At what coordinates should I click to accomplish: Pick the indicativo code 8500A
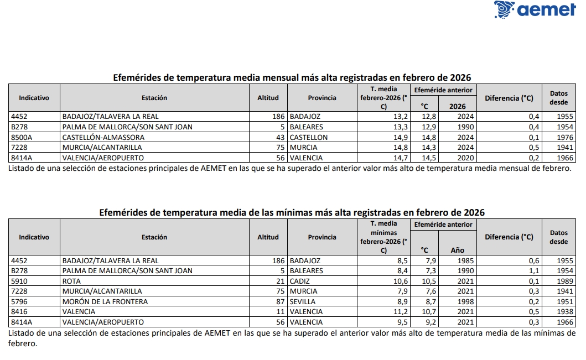point(22,137)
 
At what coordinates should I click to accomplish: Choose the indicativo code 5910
point(19,281)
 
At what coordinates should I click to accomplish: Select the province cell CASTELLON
point(308,137)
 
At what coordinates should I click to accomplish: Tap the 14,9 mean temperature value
point(401,137)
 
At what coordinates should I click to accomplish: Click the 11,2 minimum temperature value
point(401,312)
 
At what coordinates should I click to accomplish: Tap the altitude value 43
point(280,137)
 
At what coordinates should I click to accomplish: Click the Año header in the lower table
point(457,250)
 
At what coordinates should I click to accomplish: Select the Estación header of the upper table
point(154,98)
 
